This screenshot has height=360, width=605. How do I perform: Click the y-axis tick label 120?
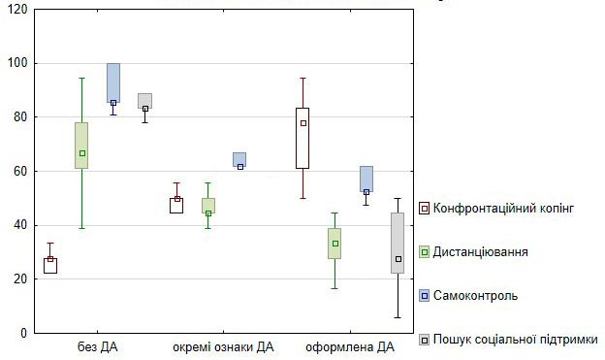tap(17, 10)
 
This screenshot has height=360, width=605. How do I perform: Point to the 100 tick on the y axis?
tap(17, 62)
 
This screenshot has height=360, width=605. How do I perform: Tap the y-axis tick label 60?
tap(20, 171)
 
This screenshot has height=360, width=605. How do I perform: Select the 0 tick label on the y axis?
tap(24, 333)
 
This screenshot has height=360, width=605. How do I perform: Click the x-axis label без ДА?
tap(98, 346)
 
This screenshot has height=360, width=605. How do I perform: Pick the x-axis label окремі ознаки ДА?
tap(223, 346)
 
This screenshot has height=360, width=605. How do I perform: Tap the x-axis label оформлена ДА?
tap(350, 346)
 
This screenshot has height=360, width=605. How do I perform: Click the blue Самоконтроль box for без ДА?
tap(113, 82)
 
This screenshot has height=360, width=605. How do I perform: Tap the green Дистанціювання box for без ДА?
tap(81, 146)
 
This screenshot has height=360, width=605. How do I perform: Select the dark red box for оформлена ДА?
tap(302, 139)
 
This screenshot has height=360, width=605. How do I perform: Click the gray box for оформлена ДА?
tap(398, 243)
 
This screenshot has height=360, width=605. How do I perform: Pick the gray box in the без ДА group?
tap(144, 101)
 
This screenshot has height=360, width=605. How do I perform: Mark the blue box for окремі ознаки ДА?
tap(239, 159)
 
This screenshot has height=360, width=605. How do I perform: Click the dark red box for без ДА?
tap(50, 266)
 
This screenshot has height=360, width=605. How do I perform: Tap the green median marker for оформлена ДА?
tap(335, 244)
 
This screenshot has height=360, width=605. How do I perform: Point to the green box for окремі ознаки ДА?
tap(208, 206)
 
